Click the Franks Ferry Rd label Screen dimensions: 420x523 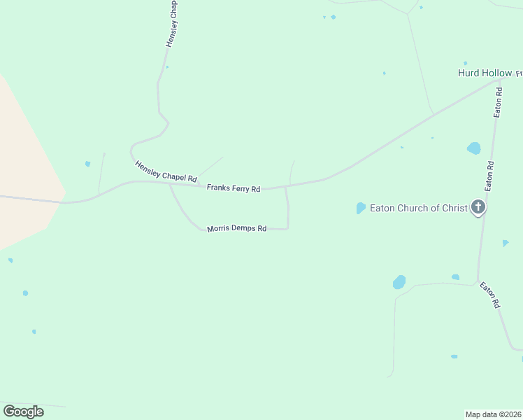click(234, 189)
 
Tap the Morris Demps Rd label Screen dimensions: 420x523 click(237, 229)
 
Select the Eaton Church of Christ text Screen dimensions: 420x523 click(418, 208)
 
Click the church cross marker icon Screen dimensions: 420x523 click(478, 206)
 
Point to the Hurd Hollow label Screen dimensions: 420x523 click(485, 73)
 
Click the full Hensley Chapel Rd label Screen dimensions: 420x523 click(166, 171)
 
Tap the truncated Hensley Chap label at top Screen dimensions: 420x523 click(172, 24)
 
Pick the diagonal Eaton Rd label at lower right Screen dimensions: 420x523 click(490, 295)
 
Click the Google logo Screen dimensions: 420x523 click(23, 412)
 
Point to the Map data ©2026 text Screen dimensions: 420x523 click(493, 414)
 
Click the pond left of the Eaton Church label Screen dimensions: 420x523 click(361, 208)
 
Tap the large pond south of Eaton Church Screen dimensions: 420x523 click(399, 282)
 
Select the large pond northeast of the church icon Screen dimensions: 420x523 click(474, 148)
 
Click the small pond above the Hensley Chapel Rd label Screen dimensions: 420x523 click(87, 164)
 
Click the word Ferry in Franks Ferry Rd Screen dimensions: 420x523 click(237, 189)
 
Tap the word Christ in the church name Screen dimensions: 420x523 click(453, 208)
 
